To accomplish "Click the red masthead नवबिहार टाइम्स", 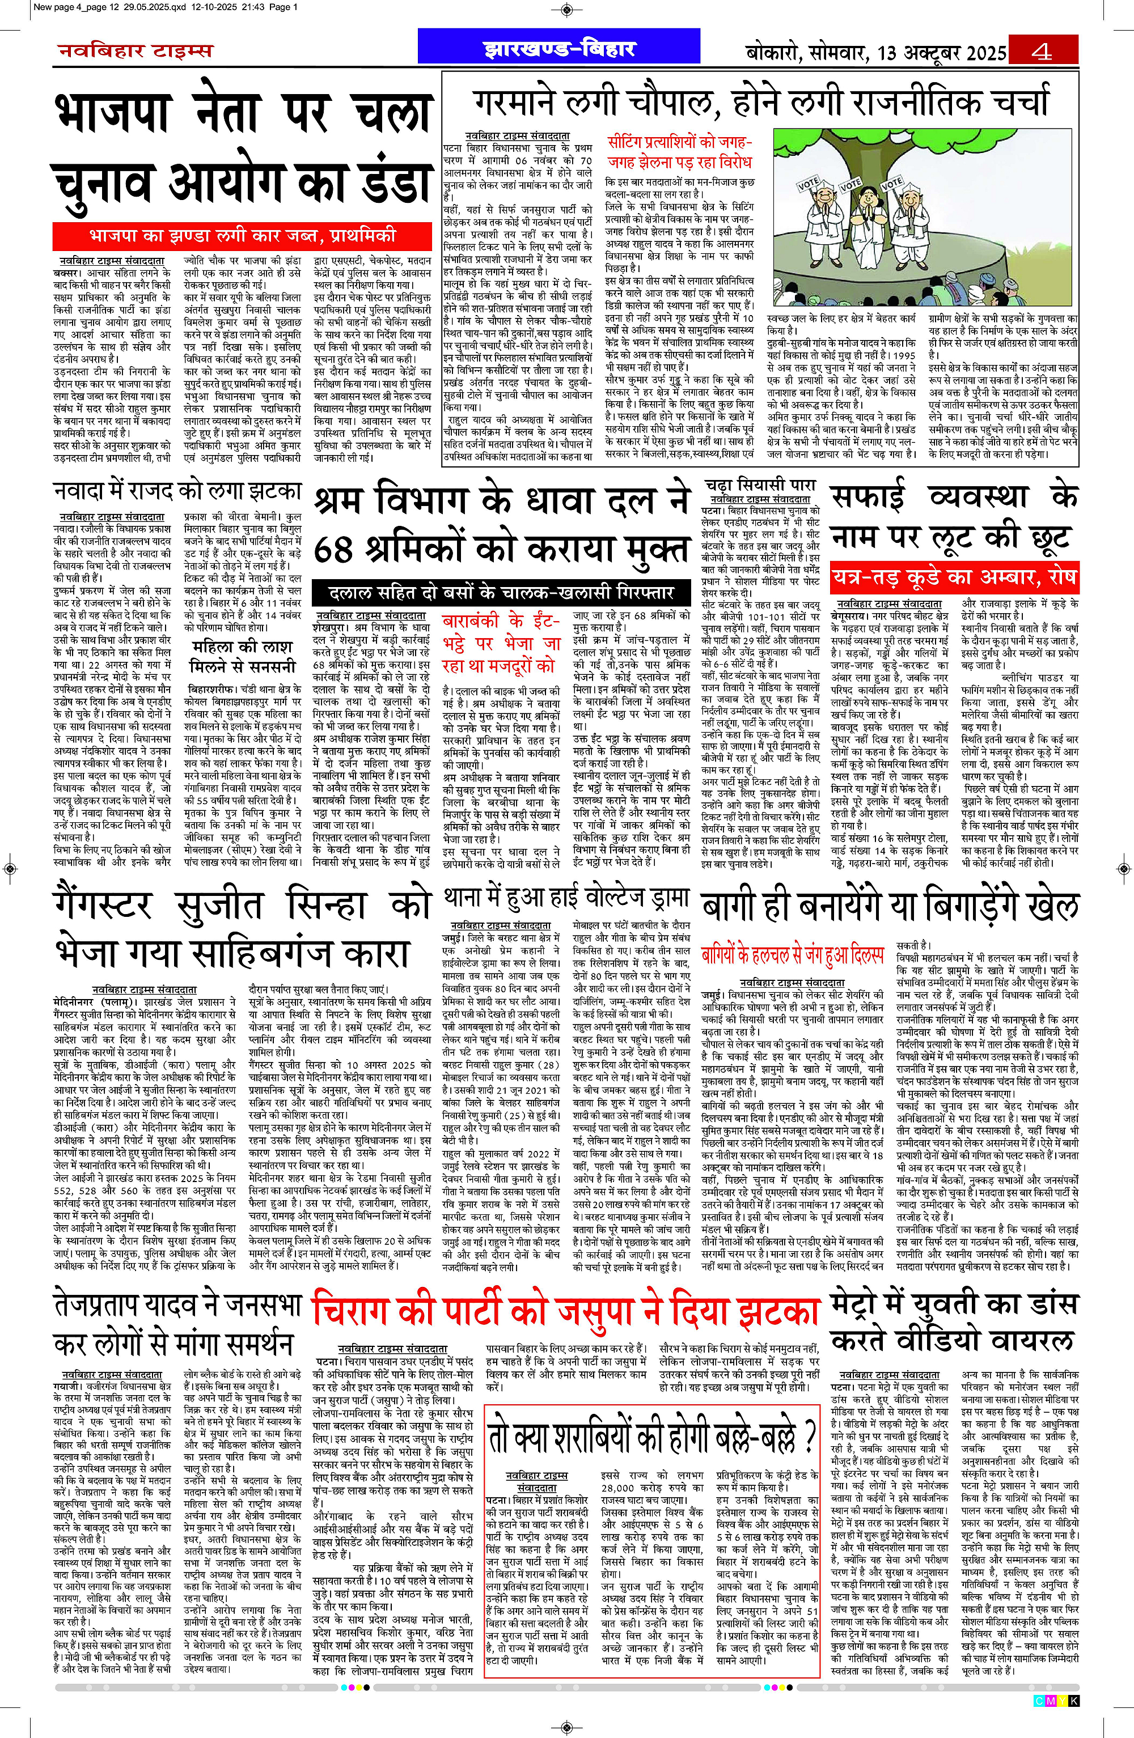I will [135, 51].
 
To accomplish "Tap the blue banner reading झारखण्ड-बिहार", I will [559, 48].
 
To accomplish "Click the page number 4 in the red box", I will [1042, 51].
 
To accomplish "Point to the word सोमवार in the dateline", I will [837, 53].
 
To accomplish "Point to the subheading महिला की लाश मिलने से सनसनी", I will [243, 657].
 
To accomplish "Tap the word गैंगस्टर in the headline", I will [102, 905].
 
